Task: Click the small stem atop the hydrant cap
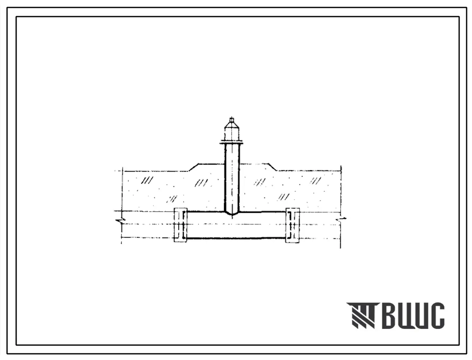pyautogui.click(x=231, y=119)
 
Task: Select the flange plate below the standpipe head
pyautogui.click(x=232, y=143)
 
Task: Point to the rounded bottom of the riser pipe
pyautogui.click(x=232, y=213)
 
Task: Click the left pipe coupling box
pyautogui.click(x=180, y=225)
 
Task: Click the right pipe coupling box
pyautogui.click(x=292, y=225)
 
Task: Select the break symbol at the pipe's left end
pyautogui.click(x=121, y=221)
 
